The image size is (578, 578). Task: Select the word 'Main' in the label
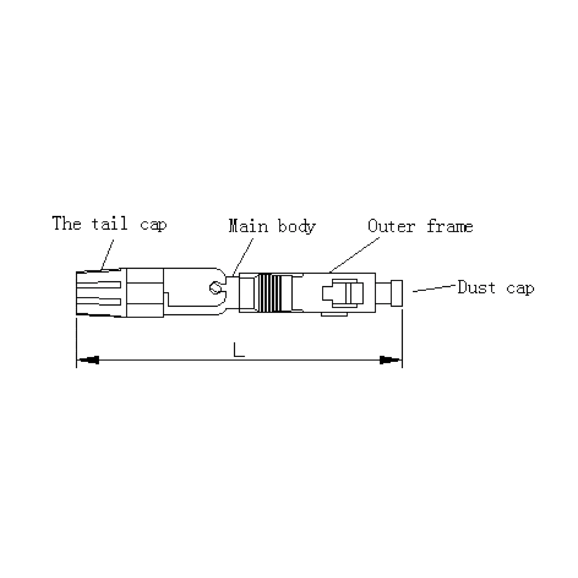coord(248,226)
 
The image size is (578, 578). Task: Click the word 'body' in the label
coord(297,227)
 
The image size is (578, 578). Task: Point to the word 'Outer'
coord(392,226)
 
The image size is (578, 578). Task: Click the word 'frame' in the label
coord(450,226)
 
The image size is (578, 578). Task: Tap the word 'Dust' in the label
coord(477,287)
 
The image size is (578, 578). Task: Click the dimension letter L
coord(239,350)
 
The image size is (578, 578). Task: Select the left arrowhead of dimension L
coord(89,360)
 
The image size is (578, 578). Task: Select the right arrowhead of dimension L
coord(390,360)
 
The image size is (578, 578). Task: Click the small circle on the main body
coord(215,288)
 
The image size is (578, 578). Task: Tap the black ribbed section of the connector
coord(270,293)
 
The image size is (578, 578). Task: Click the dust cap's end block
coord(397,293)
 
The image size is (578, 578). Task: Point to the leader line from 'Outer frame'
coord(355,255)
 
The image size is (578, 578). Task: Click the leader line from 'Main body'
coord(243,257)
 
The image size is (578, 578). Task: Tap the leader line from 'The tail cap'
coord(108,255)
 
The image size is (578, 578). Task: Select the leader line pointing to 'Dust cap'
coord(434,288)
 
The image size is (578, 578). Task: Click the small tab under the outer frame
coord(334,314)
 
